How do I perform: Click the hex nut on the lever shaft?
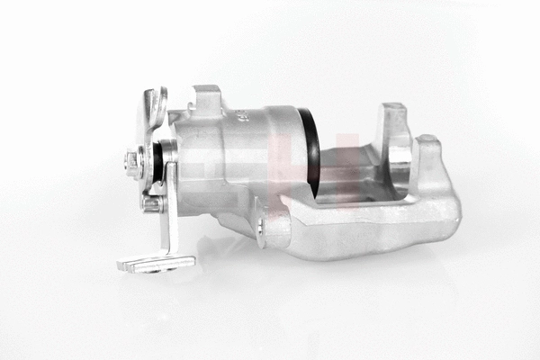(x=135, y=163)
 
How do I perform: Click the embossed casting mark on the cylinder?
(x=241, y=116)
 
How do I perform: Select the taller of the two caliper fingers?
(x=393, y=135)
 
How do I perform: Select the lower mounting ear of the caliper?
(x=270, y=225)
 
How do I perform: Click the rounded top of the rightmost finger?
(x=428, y=141)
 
